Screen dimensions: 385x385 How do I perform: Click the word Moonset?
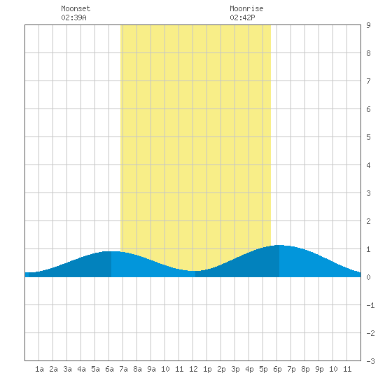76,8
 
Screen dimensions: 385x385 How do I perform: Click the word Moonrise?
246,8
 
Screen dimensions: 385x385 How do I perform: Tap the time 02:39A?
73,17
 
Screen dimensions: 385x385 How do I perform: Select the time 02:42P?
242,17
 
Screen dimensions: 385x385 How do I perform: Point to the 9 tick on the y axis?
368,25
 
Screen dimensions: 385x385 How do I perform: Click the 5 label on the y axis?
368,137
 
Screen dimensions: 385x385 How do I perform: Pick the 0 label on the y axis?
368,277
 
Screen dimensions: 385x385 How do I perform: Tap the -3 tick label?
370,361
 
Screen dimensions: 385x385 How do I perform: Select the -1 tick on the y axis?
370,305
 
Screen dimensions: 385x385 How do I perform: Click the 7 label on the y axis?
368,81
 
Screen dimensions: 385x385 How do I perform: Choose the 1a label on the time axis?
39,369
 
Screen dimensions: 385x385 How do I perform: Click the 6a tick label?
109,369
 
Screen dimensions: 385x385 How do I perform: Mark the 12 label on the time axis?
193,369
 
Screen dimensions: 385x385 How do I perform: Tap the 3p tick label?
235,369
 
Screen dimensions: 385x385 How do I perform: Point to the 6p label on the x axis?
277,369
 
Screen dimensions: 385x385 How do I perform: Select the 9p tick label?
319,369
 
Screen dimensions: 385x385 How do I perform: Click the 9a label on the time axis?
151,369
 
